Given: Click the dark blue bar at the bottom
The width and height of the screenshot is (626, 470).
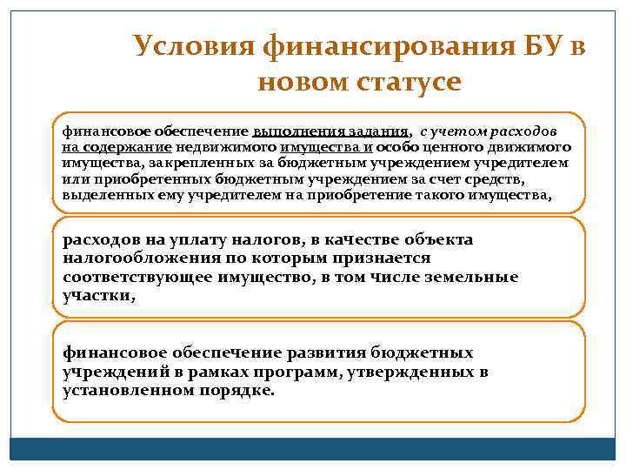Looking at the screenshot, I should pos(313,448).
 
